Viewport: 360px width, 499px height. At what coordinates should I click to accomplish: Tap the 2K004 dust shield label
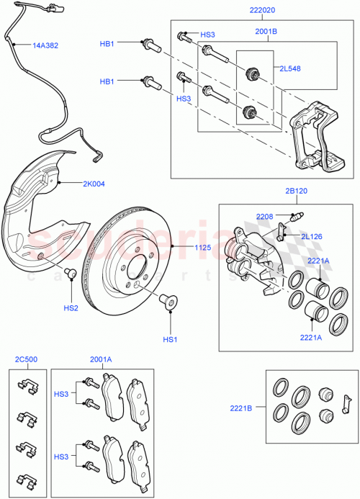tap(93, 184)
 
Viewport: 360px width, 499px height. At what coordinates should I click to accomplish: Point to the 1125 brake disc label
tap(203, 248)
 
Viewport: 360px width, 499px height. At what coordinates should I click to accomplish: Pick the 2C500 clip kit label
tap(25, 359)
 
